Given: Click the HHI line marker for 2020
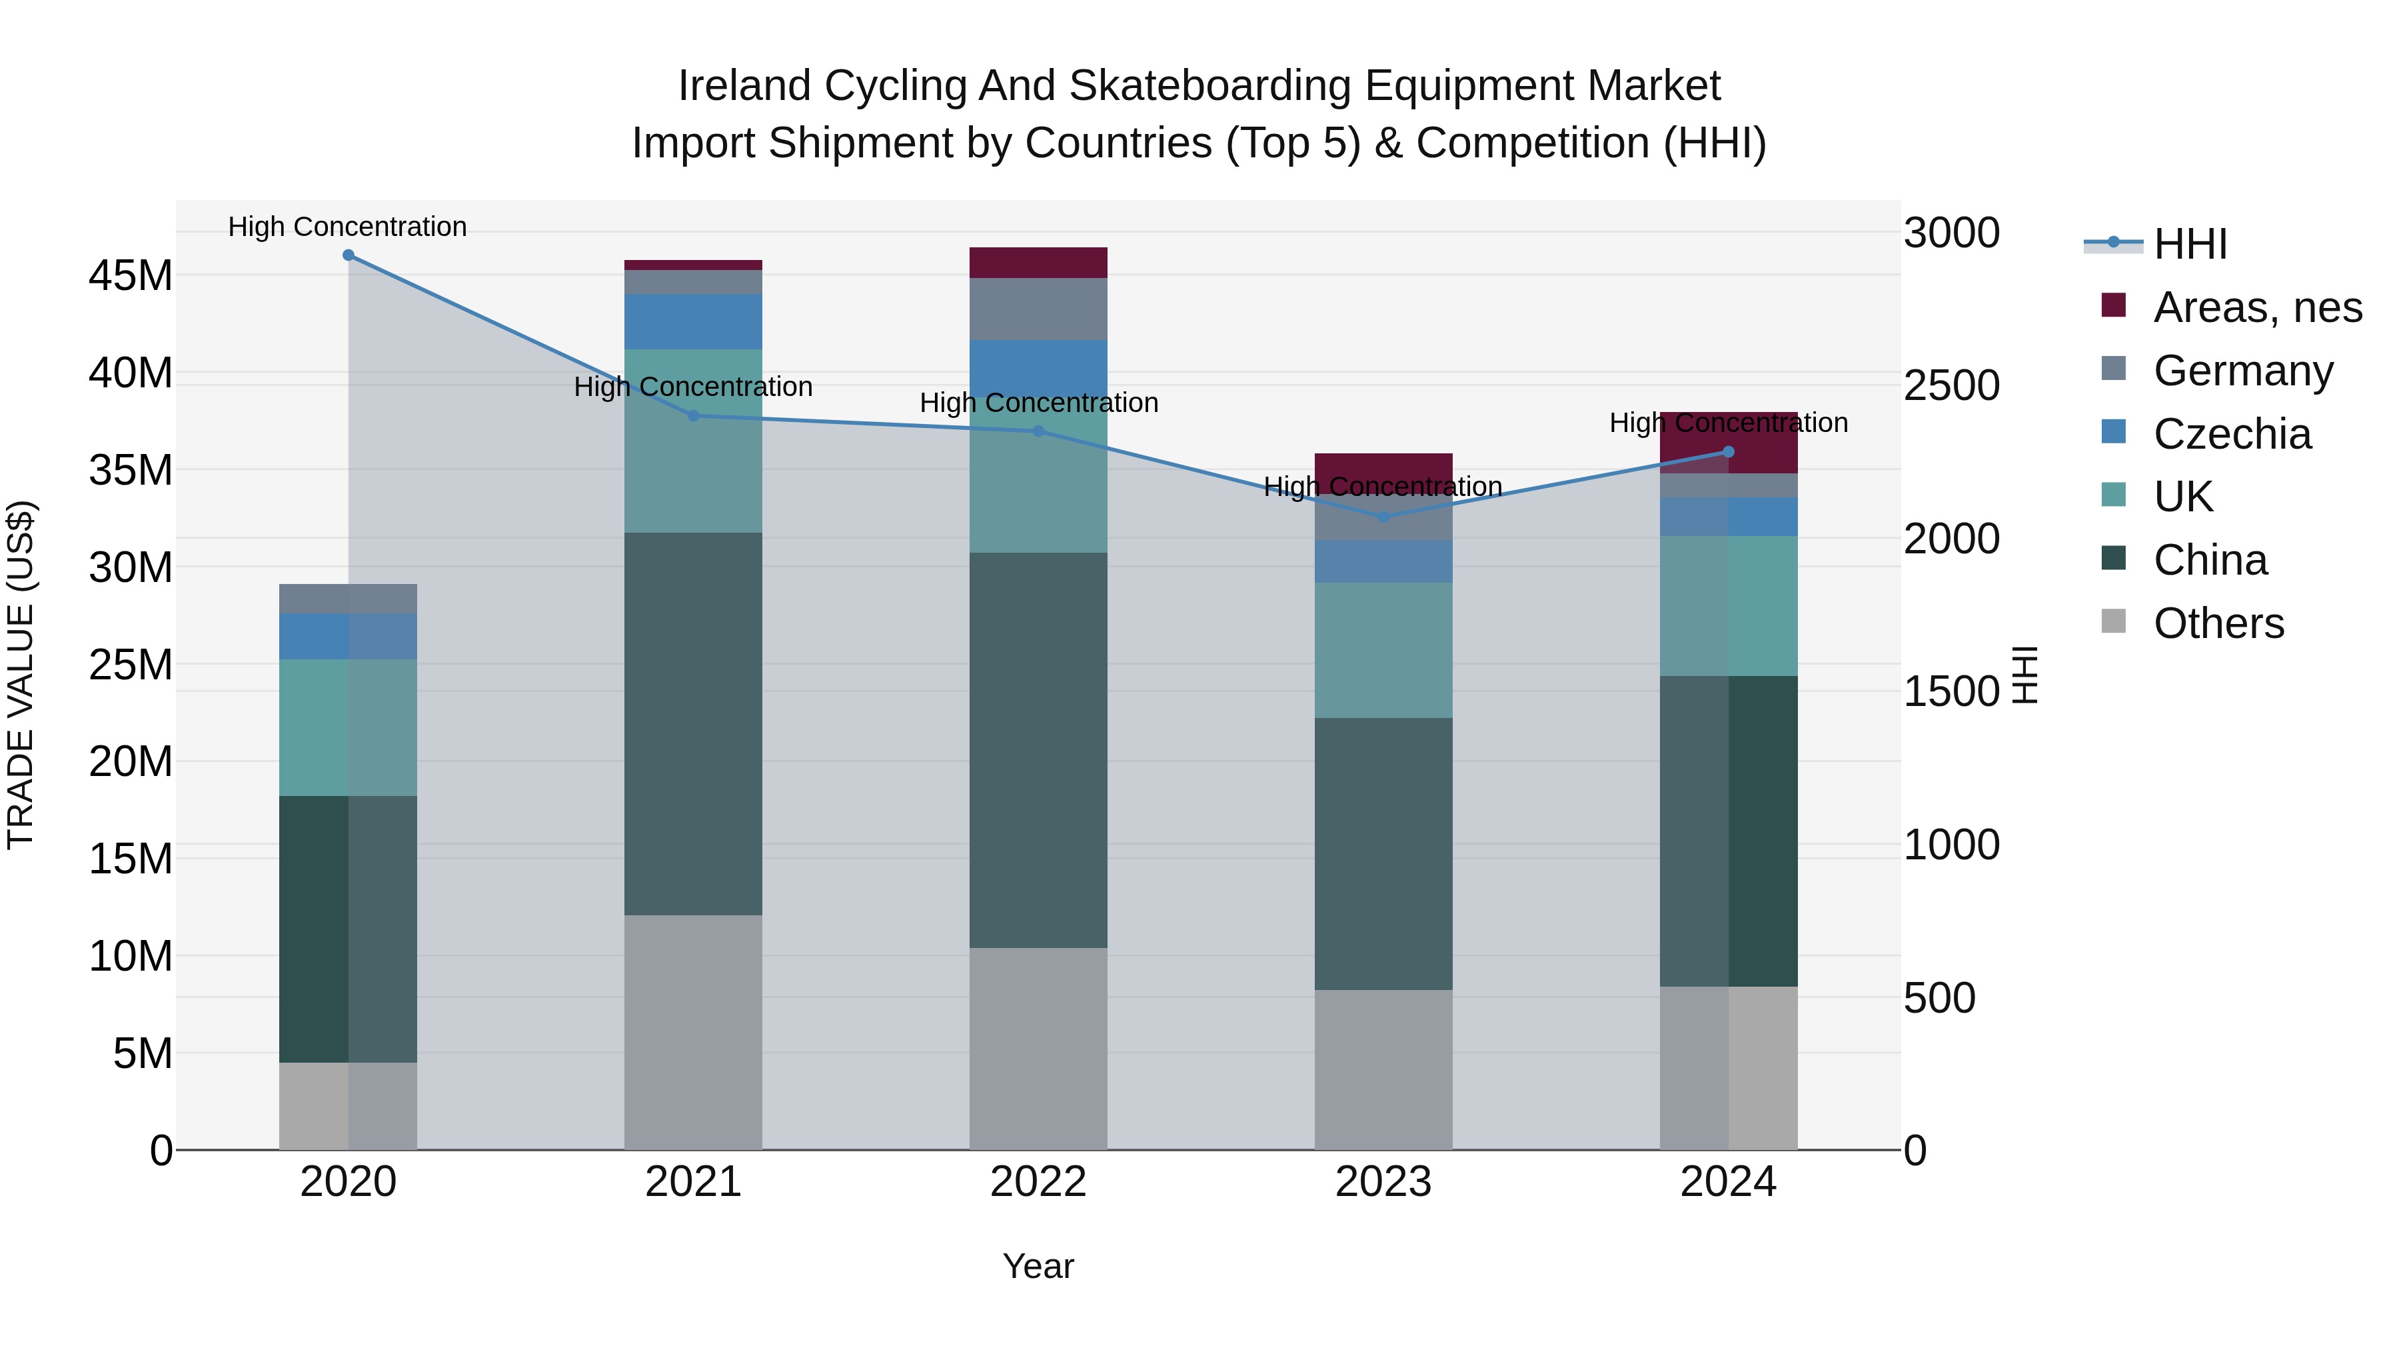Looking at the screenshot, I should pos(349,255).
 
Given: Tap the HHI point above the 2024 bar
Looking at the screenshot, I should pos(1729,452).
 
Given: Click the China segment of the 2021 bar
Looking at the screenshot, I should pos(693,724).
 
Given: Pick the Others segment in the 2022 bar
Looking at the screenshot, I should pos(1038,1048).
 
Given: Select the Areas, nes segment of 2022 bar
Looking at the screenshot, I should pos(1038,263).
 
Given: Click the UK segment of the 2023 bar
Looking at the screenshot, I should pos(1383,650).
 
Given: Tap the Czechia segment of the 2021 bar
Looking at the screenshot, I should pos(693,321).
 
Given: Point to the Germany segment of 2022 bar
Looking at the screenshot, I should pos(1038,309).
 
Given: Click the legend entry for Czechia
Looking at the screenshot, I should pos(2231,434).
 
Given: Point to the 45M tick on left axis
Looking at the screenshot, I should pos(131,276).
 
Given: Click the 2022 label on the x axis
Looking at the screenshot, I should pos(1038,1182).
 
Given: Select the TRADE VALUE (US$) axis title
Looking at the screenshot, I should pos(21,675).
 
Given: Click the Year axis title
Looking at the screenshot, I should pos(1038,1266).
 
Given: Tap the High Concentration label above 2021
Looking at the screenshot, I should pos(693,387).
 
